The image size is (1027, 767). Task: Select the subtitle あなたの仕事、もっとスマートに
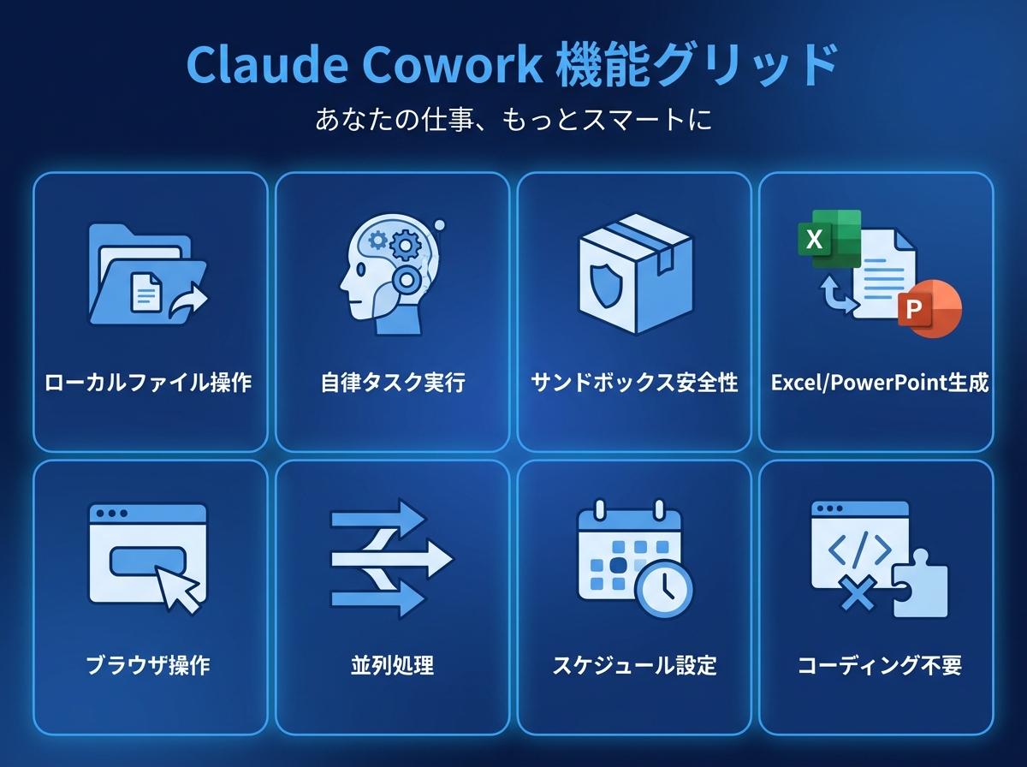pos(513,119)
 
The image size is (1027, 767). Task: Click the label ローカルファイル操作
pos(149,383)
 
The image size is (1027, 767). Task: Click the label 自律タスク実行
pos(393,383)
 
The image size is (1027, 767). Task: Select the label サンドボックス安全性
pos(634,383)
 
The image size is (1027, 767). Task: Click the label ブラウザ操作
pos(149,665)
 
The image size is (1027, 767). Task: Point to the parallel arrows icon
pos(391,561)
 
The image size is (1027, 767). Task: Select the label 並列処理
pos(393,665)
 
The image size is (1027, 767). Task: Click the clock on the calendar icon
pos(664,589)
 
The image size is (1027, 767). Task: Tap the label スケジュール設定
pos(634,665)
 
